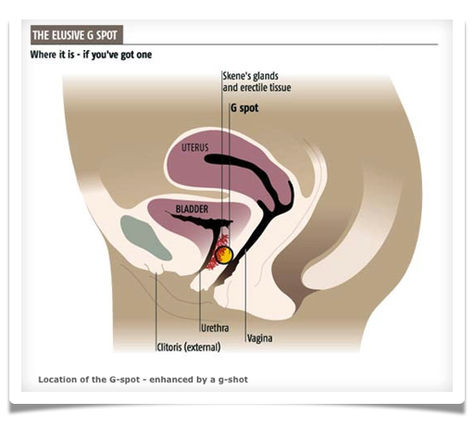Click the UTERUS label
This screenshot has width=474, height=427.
coord(194,147)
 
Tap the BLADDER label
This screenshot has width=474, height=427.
coord(192,209)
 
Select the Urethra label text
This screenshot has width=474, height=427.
coord(215,328)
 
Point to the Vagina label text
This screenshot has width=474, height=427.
coord(260,338)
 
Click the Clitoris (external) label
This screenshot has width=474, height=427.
coord(189,347)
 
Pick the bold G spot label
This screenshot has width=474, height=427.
coord(244,108)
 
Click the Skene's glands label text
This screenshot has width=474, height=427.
coord(251,76)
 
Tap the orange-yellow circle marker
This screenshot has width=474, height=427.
coord(224,255)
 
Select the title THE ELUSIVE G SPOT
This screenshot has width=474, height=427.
coord(75,35)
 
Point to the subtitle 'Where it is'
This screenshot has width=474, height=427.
coord(53,55)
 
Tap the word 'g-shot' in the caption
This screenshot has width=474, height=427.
coord(233,380)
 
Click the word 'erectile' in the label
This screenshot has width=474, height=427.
coord(254,88)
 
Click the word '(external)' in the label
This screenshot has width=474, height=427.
coord(203,347)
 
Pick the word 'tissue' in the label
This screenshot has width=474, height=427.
coord(281,88)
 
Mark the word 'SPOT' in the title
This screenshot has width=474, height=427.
coord(106,35)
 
